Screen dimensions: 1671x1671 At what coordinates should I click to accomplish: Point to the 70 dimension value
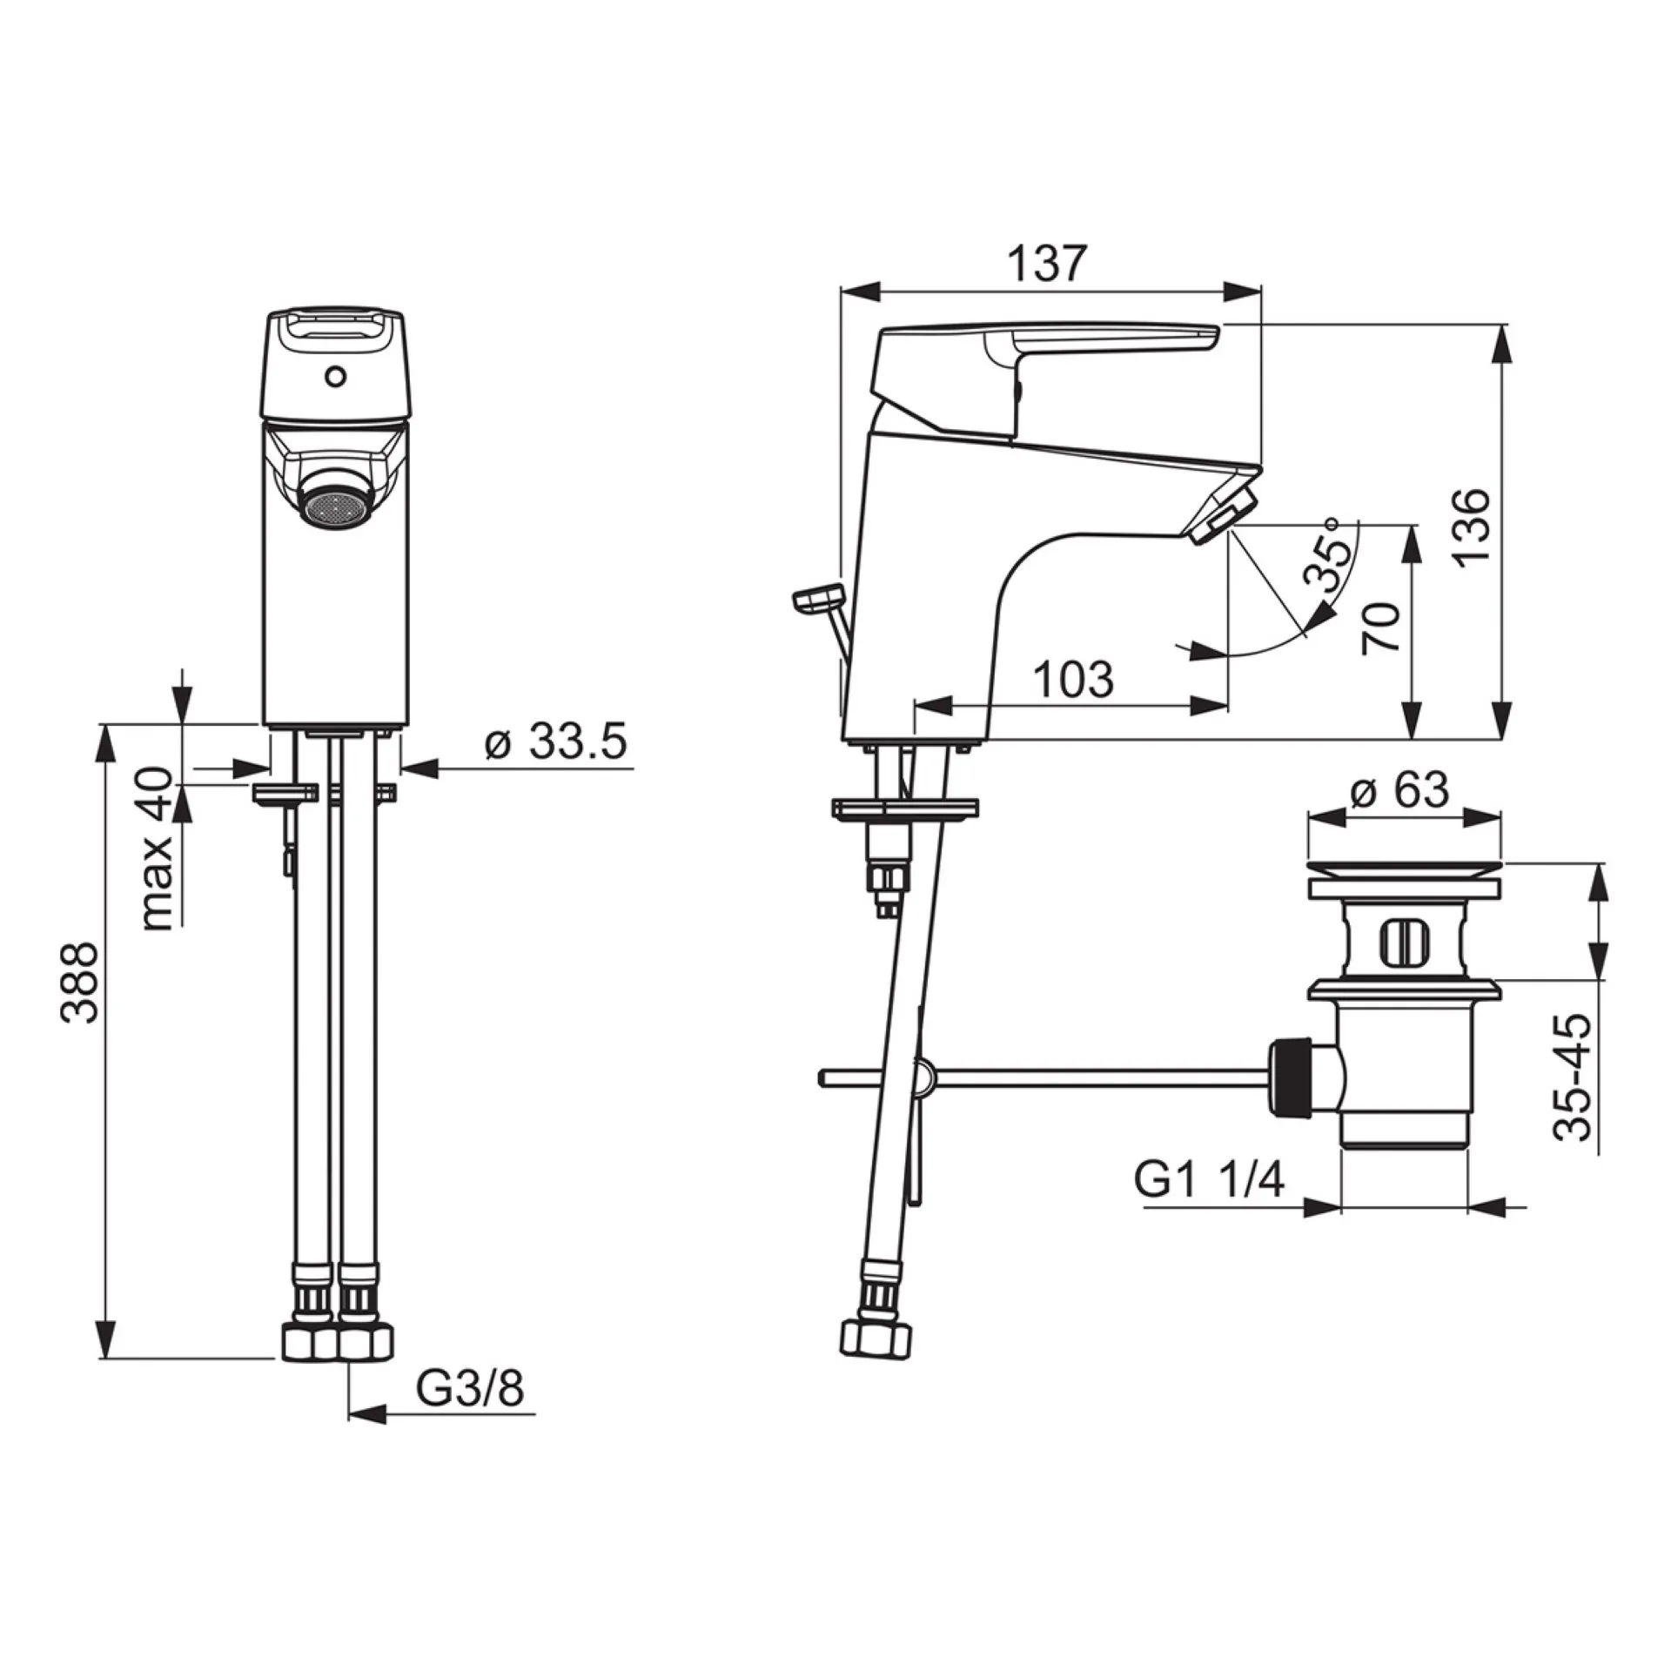(x=1380, y=627)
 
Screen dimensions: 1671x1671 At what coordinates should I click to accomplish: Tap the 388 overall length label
(x=83, y=981)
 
